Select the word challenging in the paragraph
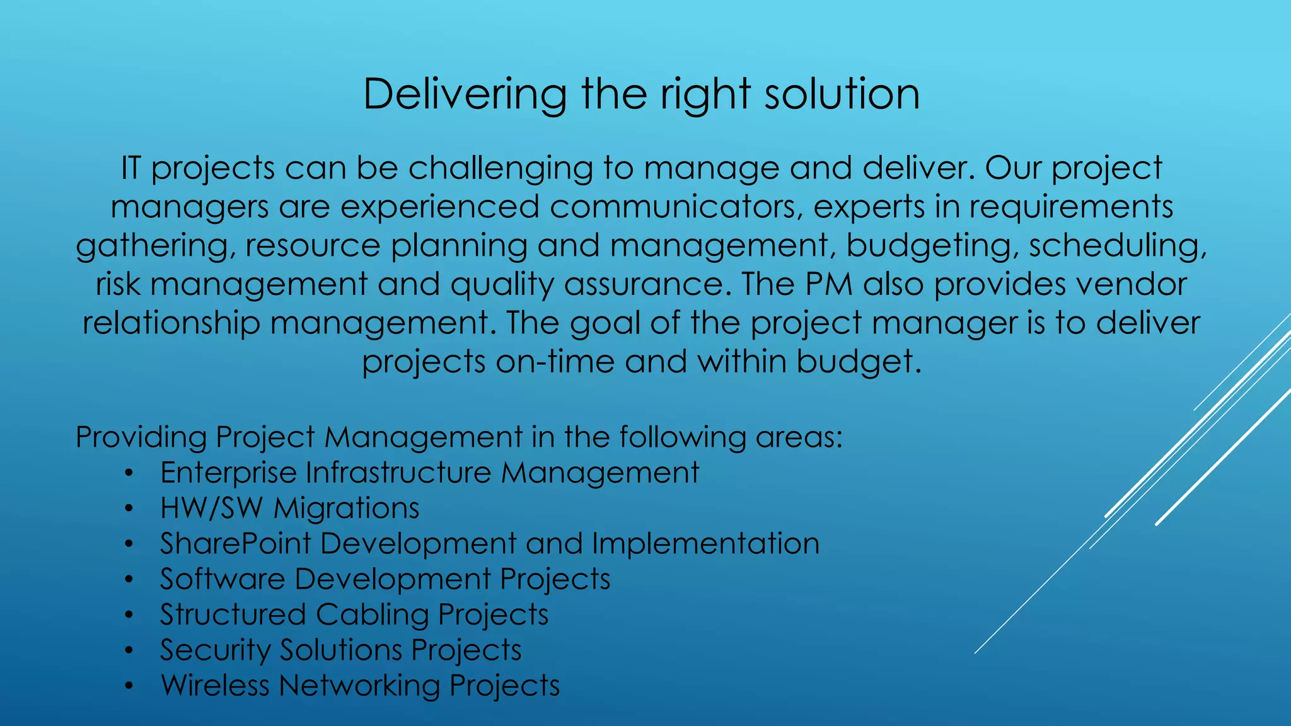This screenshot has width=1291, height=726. [x=501, y=169]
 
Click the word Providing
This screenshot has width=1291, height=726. [x=141, y=437]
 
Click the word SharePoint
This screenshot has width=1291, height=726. [x=236, y=543]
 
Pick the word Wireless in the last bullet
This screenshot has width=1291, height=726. [x=215, y=685]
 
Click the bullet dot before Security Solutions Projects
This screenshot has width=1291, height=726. [x=129, y=650]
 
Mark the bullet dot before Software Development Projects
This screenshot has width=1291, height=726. [x=129, y=579]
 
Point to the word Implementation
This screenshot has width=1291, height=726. [x=705, y=543]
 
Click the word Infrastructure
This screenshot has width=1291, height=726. [x=398, y=473]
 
